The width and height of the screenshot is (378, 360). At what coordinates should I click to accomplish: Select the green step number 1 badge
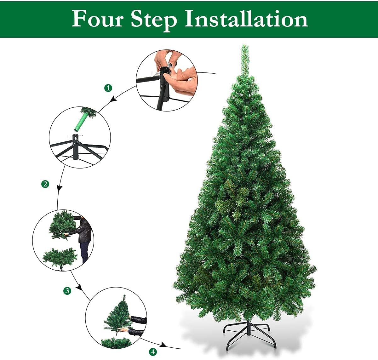point(108,88)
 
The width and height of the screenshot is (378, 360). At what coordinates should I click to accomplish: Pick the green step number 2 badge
point(45,184)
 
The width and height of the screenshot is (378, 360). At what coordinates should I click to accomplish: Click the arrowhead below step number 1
point(113,100)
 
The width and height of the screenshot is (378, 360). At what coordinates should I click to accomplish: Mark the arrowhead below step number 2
point(59,188)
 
